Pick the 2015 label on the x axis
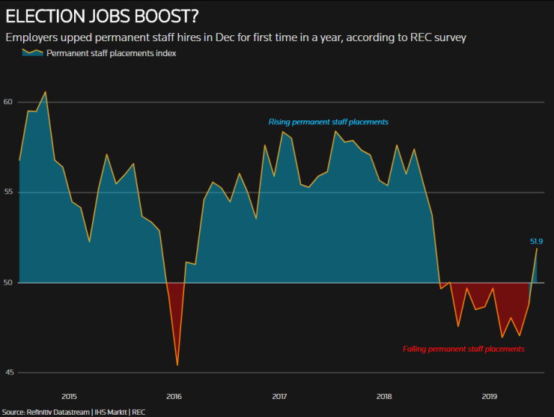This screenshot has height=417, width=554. (x=68, y=396)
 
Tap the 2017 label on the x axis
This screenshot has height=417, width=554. (x=278, y=396)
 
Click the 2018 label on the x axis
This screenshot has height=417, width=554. (x=384, y=396)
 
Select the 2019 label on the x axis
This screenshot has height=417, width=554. (x=489, y=396)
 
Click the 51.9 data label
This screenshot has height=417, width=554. (x=536, y=241)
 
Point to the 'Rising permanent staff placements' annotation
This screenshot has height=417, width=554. (x=328, y=121)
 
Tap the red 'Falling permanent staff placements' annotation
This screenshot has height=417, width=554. (x=463, y=349)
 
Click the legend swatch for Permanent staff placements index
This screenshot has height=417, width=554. (x=32, y=53)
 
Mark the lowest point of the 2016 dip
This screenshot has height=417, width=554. (x=177, y=365)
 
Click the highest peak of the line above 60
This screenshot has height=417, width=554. (x=46, y=92)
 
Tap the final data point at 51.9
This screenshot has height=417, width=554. (x=537, y=249)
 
